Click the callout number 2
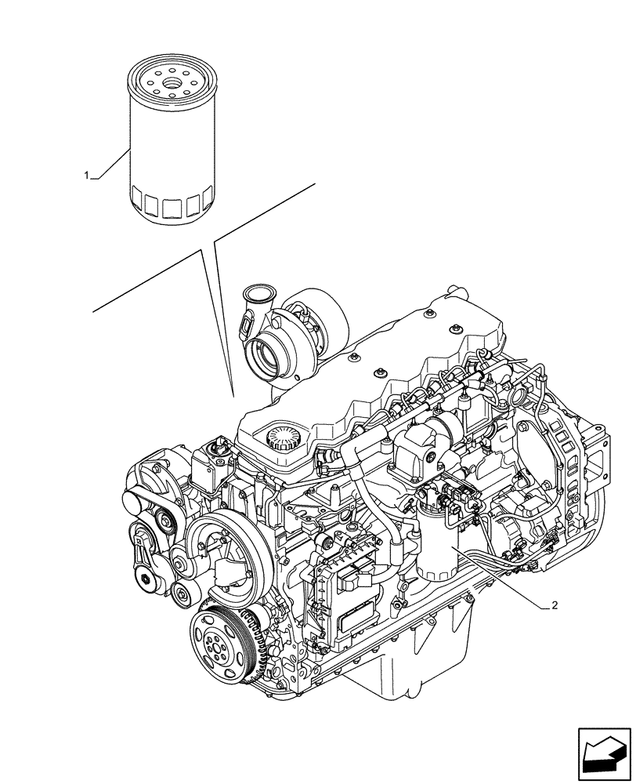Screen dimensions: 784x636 click(x=555, y=605)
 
